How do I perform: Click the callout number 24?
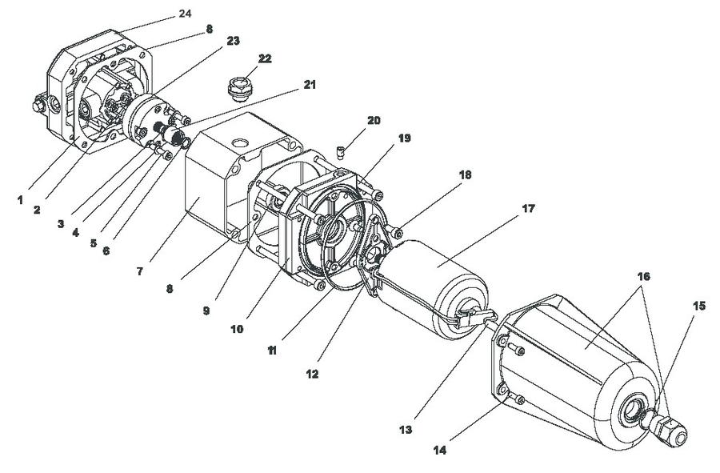point(185,14)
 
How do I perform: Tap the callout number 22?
point(265,58)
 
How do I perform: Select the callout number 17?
point(529,208)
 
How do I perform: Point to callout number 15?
point(699,306)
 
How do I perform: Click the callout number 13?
point(406,431)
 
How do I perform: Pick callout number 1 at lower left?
point(20,200)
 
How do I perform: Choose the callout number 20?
point(374,120)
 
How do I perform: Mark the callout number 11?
point(272,351)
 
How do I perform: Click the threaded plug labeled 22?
point(240,88)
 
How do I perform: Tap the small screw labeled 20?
point(340,152)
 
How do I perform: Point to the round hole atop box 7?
point(239,142)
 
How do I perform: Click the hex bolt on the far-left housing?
point(38,106)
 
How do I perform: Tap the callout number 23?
point(233,41)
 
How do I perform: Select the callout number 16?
point(643,276)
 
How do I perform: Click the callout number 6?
point(106,251)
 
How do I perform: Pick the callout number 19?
point(404,138)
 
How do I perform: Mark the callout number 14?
point(440,451)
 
